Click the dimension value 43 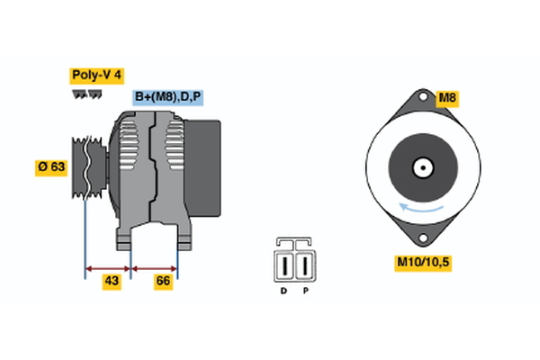112,282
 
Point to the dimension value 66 163,282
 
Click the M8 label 447,96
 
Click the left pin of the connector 286,265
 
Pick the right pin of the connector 305,265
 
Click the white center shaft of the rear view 422,167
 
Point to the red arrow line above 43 108,267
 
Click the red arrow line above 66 155,267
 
